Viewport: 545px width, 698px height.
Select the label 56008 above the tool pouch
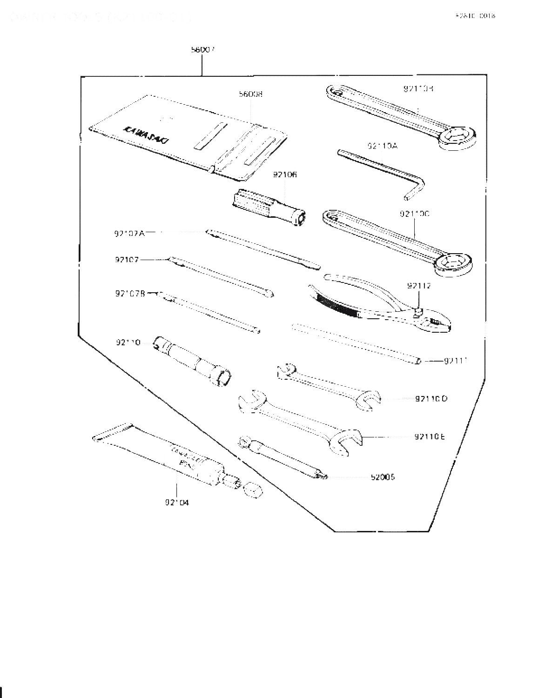point(250,94)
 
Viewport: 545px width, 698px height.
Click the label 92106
point(285,175)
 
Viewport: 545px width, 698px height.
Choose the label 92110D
point(431,399)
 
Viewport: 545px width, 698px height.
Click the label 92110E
point(429,436)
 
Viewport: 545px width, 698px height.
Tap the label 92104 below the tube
point(177,503)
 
